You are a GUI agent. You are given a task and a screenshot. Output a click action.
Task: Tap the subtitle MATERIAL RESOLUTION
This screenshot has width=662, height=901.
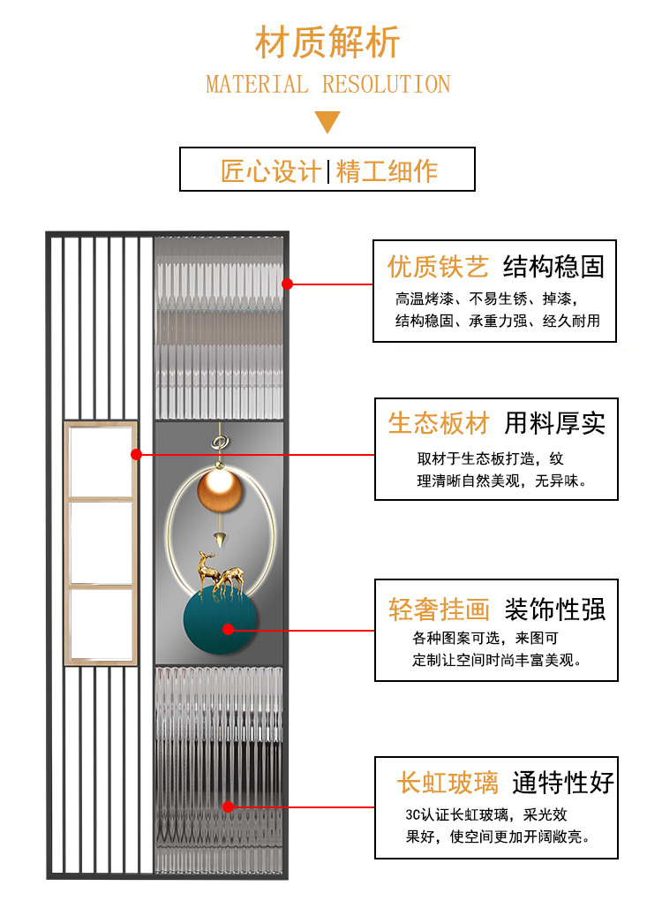(327, 85)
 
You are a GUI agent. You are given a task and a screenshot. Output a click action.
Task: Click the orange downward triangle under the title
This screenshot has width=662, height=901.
(327, 121)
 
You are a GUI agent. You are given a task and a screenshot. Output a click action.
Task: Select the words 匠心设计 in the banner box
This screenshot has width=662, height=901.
(271, 170)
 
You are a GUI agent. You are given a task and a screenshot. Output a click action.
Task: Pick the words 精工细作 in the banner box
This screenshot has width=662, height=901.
(387, 170)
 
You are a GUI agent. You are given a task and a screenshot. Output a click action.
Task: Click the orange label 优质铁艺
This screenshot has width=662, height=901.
(438, 267)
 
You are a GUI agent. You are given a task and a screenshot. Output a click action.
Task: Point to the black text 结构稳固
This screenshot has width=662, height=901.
(553, 267)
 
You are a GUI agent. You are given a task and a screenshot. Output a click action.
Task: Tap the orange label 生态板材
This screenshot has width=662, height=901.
(439, 423)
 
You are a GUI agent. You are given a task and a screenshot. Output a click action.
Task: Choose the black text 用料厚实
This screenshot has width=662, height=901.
(555, 423)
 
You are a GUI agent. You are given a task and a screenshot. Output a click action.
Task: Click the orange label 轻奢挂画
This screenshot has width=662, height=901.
(439, 609)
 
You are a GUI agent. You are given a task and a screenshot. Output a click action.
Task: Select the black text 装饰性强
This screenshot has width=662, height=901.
(555, 609)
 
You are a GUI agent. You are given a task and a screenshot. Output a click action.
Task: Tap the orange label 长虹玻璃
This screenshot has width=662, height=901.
(448, 783)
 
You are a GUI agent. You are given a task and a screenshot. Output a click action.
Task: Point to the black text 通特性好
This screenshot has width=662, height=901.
(563, 783)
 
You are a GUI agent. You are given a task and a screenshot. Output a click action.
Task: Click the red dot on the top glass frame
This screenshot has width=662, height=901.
(287, 284)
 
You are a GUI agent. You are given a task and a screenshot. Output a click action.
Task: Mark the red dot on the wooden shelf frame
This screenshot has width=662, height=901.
(136, 454)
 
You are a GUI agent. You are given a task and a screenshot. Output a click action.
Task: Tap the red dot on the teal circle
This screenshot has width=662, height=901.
(228, 630)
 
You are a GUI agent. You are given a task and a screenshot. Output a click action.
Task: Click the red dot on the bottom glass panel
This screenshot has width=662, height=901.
(228, 806)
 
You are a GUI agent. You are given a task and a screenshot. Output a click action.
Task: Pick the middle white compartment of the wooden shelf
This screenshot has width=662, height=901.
(101, 541)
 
